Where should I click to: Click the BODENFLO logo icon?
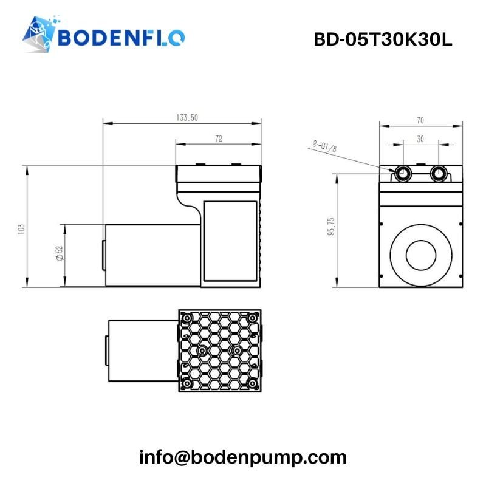point(39,36)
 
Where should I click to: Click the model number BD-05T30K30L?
point(383,39)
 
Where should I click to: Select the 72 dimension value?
point(219,139)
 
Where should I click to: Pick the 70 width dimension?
point(420,120)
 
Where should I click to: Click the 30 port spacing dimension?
point(420,139)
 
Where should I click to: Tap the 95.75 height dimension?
point(331,228)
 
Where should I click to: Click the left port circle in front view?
point(402,174)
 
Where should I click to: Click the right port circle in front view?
point(438,174)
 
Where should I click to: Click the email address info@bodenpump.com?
point(243,457)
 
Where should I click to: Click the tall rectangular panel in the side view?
point(230,241)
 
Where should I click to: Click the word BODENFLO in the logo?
point(122,38)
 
